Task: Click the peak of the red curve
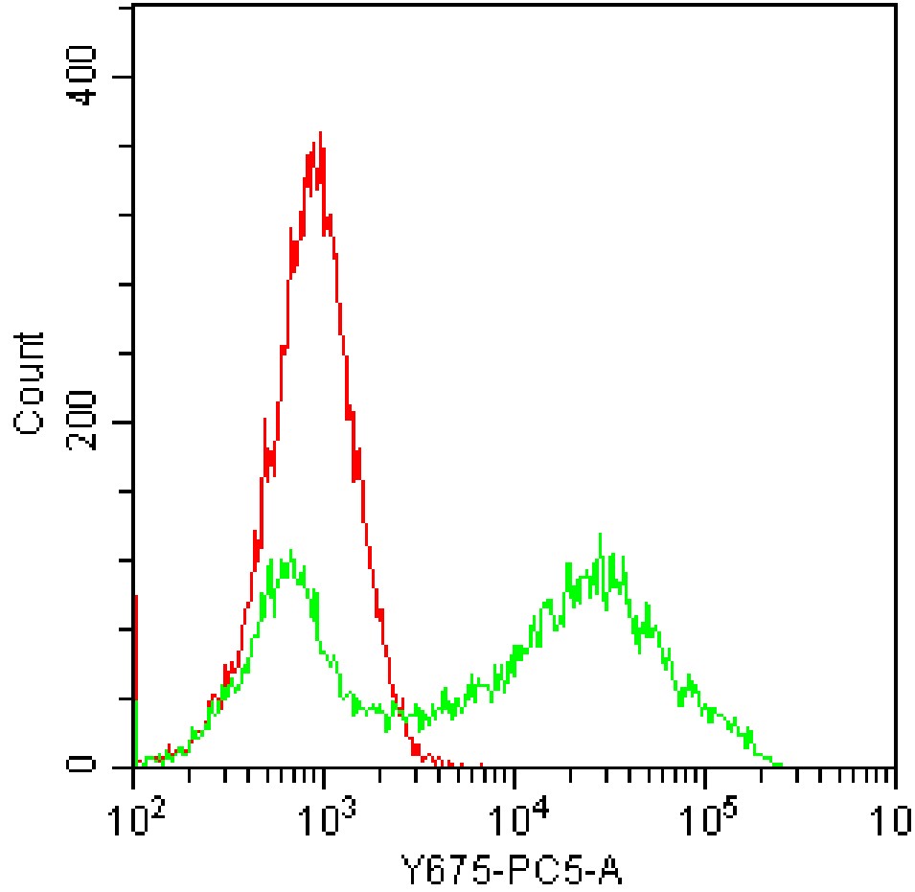[320, 134]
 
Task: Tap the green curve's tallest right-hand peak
[600, 536]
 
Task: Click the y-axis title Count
[30, 383]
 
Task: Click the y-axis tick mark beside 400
[126, 77]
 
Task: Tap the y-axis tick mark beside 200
[126, 423]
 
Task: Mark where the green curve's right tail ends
[781, 765]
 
